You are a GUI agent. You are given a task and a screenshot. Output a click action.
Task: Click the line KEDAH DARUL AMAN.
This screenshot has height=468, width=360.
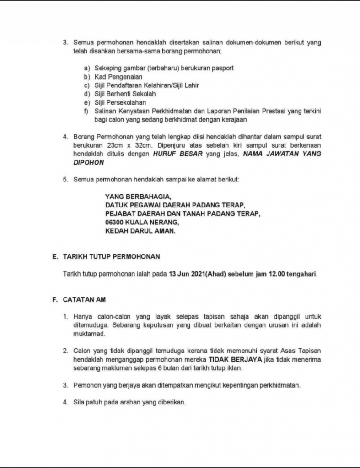point(140,231)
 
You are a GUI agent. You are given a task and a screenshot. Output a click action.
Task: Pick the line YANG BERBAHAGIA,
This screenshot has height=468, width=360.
point(138,197)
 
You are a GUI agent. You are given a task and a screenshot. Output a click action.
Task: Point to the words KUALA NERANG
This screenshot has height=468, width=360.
point(151,223)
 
